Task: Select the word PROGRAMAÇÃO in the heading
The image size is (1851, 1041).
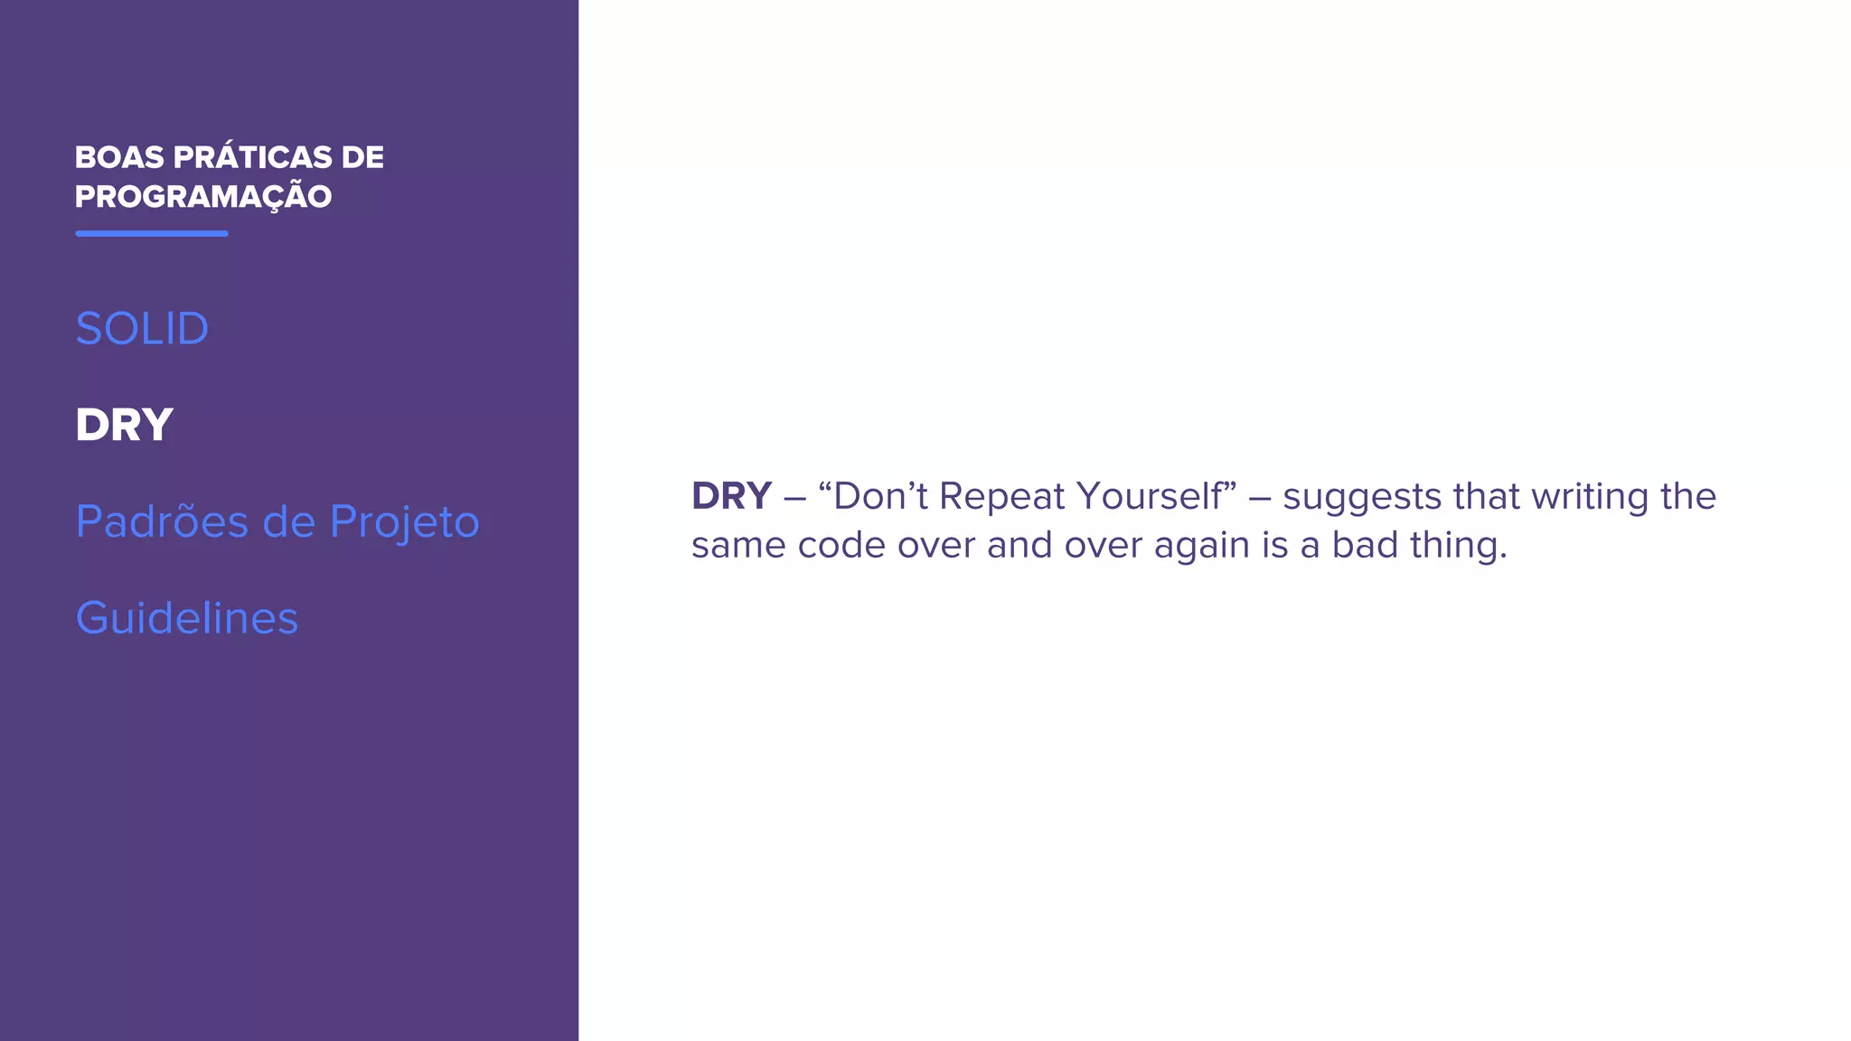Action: coord(203,197)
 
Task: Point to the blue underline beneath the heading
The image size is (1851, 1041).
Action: coord(152,233)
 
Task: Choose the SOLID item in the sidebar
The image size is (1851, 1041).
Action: coord(142,328)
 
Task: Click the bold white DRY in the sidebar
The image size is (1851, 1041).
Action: coord(124,425)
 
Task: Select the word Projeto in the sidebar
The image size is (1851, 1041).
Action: coord(404,522)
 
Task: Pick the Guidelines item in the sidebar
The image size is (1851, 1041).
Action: coord(186,618)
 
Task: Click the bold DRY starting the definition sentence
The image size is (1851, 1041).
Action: coord(731,496)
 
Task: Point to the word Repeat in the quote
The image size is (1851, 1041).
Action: coord(1002,497)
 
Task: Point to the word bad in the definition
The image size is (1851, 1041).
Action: coord(1364,545)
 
